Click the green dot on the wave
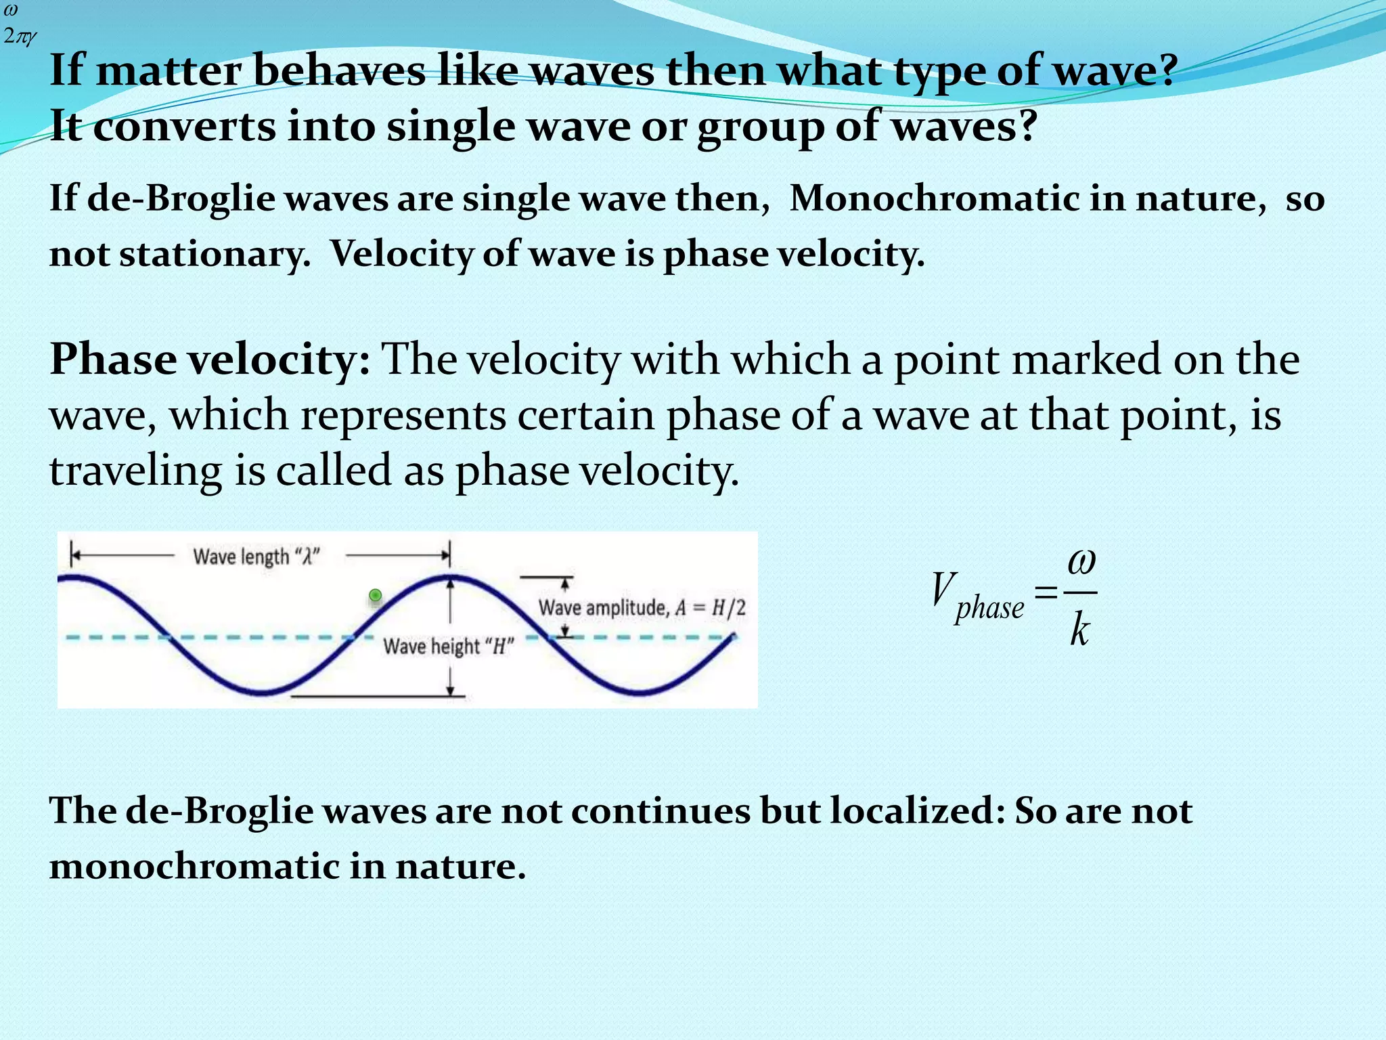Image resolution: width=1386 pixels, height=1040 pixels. click(376, 596)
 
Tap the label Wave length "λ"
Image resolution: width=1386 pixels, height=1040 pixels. click(256, 557)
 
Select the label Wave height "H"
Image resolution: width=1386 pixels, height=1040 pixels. click(449, 647)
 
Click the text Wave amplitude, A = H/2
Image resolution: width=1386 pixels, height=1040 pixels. click(642, 607)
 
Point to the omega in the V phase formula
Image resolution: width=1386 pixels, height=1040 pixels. click(1081, 562)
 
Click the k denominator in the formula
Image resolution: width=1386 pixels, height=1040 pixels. click(1079, 631)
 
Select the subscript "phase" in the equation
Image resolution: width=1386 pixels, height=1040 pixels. click(989, 607)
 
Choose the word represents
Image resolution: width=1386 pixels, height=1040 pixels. click(403, 415)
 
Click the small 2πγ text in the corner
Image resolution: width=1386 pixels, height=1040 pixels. click(19, 36)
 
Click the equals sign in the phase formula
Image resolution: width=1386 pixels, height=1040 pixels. click(1046, 593)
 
